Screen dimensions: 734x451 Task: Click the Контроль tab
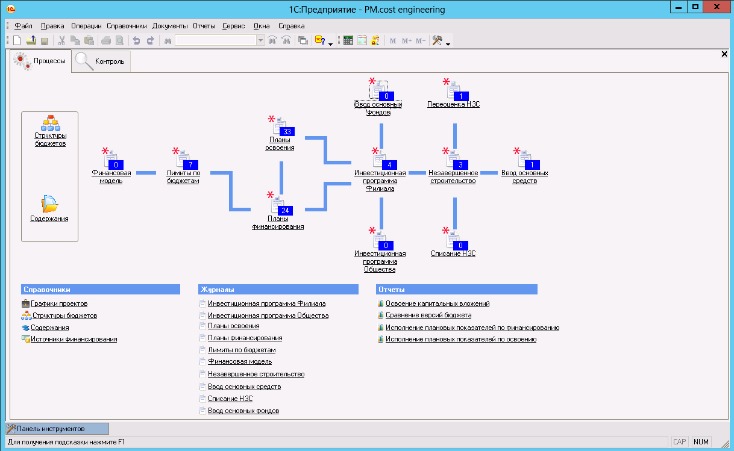(x=101, y=61)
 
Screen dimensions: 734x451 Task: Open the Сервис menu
(x=233, y=26)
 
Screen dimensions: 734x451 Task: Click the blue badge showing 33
(x=287, y=132)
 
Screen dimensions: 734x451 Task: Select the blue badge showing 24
(x=285, y=211)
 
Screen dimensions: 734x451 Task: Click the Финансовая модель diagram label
(x=111, y=177)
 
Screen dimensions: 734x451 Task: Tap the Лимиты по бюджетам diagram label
(x=183, y=177)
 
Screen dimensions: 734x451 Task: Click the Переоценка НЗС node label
(x=454, y=104)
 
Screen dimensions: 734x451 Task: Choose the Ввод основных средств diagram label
(x=525, y=177)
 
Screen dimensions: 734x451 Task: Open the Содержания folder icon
(x=49, y=204)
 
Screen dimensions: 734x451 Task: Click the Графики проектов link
(x=59, y=303)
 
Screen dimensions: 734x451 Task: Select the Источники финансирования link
(x=74, y=339)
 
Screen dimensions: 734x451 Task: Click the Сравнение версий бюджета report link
(x=428, y=315)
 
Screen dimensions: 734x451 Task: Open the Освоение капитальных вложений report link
(x=438, y=303)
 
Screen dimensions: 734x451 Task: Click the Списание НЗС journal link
(x=230, y=399)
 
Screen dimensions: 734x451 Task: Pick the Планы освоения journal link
(x=233, y=326)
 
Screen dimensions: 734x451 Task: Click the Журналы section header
(x=278, y=290)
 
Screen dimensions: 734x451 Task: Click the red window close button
(x=717, y=7)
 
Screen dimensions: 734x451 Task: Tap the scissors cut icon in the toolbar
(x=61, y=40)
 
